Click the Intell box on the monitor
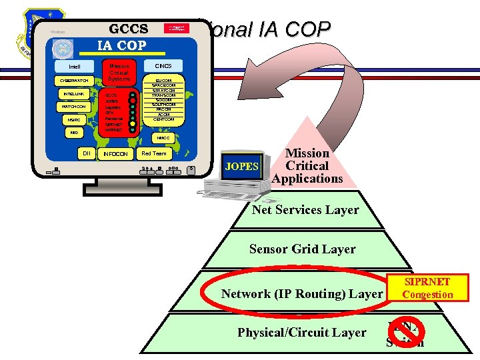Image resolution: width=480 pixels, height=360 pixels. (75, 67)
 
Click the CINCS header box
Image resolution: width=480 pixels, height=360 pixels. (163, 66)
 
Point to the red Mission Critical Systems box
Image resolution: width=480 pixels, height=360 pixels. (119, 73)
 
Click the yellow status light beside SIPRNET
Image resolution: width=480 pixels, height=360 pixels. (133, 123)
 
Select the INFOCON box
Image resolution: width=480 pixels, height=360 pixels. (115, 154)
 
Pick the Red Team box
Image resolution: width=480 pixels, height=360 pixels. (154, 153)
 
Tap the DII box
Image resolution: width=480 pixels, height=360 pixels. (86, 153)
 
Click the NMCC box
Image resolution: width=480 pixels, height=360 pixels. (163, 138)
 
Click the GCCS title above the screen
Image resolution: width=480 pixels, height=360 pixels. (128, 30)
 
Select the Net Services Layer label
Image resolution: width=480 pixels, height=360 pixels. (305, 210)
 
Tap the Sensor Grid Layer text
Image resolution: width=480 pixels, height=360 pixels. (302, 249)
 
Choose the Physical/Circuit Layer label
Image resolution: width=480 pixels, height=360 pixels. (302, 333)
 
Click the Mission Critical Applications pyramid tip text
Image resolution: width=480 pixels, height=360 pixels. (307, 165)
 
